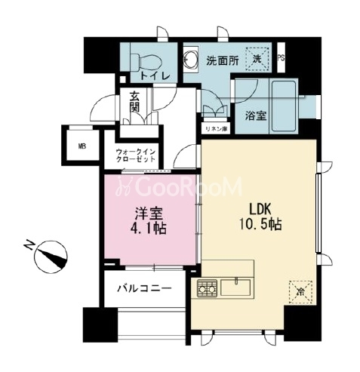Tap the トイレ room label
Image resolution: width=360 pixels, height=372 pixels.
click(x=155, y=76)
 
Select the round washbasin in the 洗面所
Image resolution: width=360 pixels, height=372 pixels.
click(x=190, y=60)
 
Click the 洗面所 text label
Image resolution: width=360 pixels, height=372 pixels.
click(x=223, y=60)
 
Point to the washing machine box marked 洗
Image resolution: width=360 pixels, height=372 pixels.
click(x=257, y=59)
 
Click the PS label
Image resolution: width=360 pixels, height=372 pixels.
click(x=281, y=58)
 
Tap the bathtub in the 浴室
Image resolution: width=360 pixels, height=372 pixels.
click(x=284, y=106)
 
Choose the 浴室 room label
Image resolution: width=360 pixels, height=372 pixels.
click(x=256, y=116)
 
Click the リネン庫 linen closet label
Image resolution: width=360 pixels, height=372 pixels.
click(x=216, y=129)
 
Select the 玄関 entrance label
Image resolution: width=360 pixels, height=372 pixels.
click(x=134, y=102)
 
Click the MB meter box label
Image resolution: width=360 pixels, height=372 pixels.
click(x=82, y=146)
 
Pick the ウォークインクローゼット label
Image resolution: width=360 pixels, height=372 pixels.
click(x=135, y=155)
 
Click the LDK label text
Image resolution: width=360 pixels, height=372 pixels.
click(x=260, y=209)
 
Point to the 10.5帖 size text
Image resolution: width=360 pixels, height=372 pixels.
click(x=260, y=224)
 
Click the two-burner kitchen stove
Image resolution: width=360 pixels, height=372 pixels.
click(x=207, y=288)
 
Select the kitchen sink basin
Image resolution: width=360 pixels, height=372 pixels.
click(x=235, y=287)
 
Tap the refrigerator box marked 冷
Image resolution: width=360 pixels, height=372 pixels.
click(x=300, y=292)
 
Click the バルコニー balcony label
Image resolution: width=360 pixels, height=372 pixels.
click(x=144, y=288)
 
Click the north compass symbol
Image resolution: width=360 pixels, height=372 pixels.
click(x=50, y=256)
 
